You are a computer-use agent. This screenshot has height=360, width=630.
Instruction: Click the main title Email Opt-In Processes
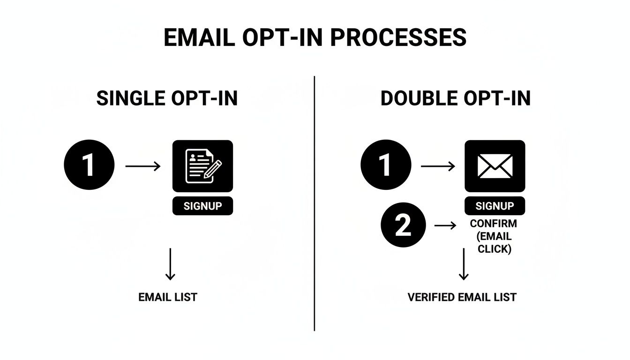(315, 37)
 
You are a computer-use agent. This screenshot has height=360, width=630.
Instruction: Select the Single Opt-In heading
(167, 99)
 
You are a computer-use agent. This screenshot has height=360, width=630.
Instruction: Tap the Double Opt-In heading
(455, 99)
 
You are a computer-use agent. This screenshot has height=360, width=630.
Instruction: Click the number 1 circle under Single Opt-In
(89, 165)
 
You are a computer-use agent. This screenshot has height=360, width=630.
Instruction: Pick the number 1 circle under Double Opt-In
(386, 165)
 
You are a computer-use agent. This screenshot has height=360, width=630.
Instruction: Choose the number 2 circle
(403, 225)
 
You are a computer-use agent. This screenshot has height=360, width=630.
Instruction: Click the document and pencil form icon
(202, 166)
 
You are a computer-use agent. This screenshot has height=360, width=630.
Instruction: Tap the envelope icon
(495, 166)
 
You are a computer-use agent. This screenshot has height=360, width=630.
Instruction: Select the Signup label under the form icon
(202, 206)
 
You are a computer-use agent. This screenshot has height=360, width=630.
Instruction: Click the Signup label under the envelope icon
(495, 206)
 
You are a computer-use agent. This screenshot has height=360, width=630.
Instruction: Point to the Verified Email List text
(462, 297)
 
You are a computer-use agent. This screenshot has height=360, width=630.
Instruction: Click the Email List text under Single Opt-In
(168, 297)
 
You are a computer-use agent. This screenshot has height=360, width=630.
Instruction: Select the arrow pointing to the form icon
(143, 166)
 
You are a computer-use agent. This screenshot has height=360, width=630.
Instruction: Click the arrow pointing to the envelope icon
(438, 166)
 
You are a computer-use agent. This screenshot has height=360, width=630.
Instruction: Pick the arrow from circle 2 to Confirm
(445, 225)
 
